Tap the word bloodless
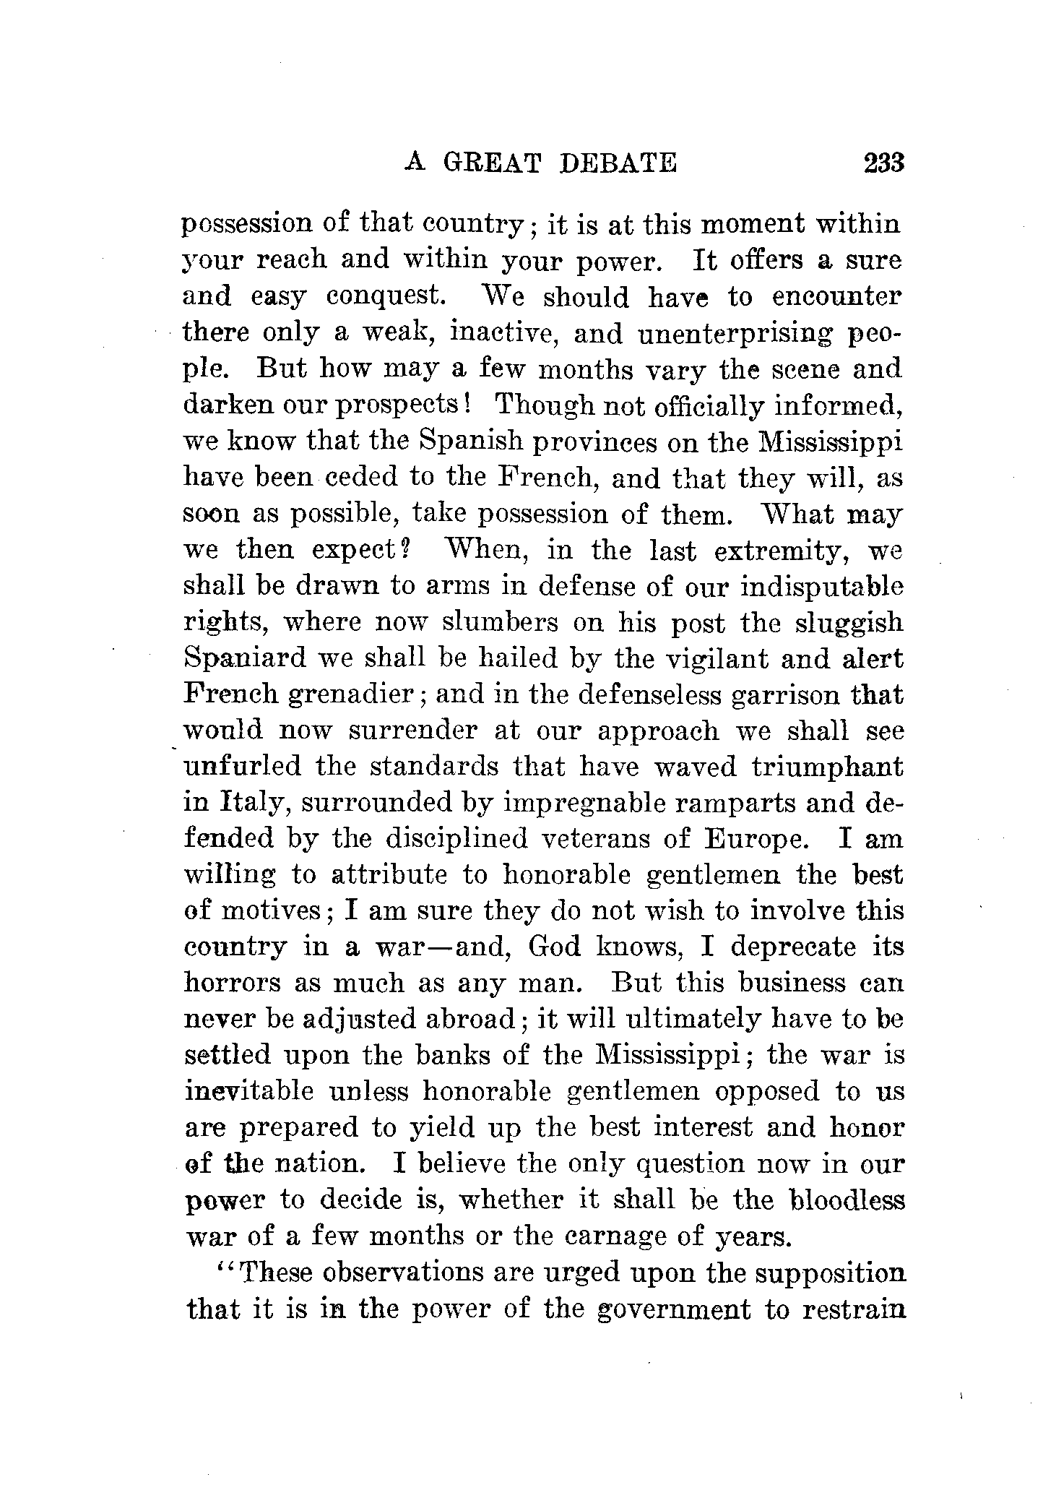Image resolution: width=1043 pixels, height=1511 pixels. coord(847,1200)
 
